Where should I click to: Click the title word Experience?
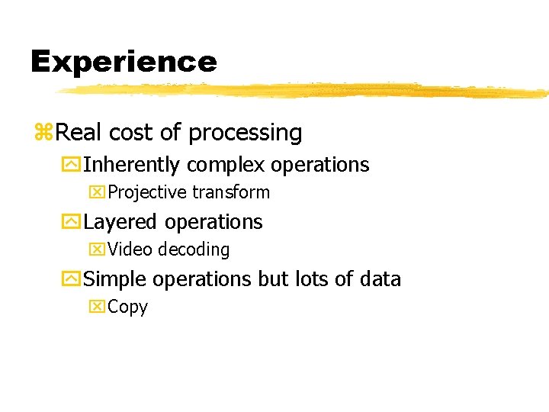(x=124, y=62)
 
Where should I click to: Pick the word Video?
(x=129, y=249)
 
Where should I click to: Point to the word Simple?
(x=116, y=279)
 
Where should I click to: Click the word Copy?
(x=128, y=307)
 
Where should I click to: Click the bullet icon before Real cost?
(x=43, y=134)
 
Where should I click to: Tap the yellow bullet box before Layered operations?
(x=72, y=223)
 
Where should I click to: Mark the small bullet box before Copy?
(x=97, y=307)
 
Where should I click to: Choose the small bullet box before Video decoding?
(x=97, y=249)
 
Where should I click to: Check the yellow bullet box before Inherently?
(x=72, y=166)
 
